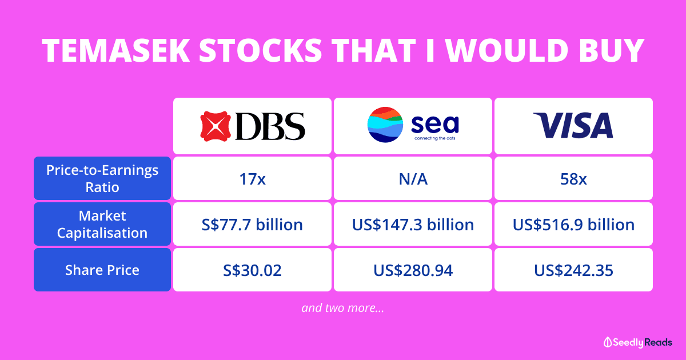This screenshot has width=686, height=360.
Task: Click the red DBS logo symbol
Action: [x=214, y=126]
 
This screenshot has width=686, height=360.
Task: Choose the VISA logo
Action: [x=573, y=126]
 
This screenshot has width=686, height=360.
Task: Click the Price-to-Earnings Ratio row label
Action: [x=102, y=178]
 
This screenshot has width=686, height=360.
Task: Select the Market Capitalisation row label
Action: [x=102, y=224]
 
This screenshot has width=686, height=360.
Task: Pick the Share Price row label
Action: [x=102, y=270]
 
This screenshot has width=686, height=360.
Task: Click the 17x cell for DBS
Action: [x=252, y=179]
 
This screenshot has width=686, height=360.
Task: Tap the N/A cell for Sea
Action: [x=413, y=179]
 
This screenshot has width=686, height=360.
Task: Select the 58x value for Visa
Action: [x=573, y=179]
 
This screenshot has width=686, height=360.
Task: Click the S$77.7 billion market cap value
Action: [x=252, y=225]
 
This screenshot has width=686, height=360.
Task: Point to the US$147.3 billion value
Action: [x=413, y=225]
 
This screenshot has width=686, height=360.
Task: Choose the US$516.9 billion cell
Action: [x=573, y=225]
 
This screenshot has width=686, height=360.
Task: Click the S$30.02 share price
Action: [x=252, y=270]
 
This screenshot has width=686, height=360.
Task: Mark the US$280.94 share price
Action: [x=413, y=270]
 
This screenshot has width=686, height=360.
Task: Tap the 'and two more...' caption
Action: [x=342, y=308]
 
